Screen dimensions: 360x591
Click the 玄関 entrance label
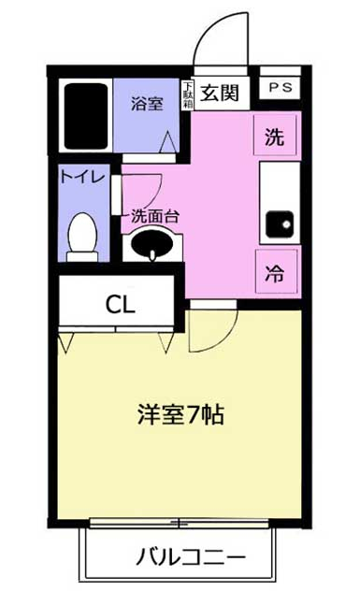220,93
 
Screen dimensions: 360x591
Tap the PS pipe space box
281,88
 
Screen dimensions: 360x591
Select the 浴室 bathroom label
147,104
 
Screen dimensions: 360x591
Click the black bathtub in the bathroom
86,116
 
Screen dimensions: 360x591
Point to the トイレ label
82,177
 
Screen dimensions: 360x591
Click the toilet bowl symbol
82,237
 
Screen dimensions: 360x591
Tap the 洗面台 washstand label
155,216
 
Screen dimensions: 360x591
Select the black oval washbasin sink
152,243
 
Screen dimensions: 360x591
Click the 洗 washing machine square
275,136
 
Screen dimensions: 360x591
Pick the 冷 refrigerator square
276,271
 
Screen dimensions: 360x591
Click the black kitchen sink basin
280,223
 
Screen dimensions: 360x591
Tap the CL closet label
121,305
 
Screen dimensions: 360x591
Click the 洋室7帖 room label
180,415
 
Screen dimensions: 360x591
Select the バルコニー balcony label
191,557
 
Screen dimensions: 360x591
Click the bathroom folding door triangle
168,142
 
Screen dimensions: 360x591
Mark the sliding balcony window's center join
179,523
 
